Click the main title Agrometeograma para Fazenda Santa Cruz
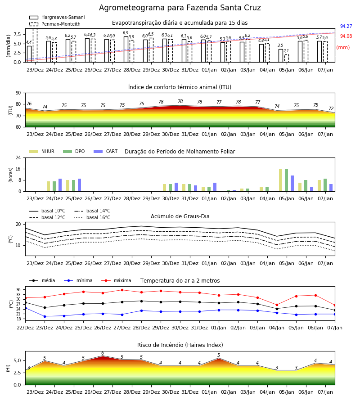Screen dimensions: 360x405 (x=180, y=8)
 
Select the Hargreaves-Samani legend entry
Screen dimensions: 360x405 (x=57, y=17)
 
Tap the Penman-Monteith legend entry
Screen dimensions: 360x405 (x=55, y=24)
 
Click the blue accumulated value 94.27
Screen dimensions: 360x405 (x=346, y=27)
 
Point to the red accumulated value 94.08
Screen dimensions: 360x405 (x=346, y=36)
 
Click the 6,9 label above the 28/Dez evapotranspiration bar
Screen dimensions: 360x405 (x=126, y=33)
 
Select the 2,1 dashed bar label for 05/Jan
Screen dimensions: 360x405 (x=286, y=51)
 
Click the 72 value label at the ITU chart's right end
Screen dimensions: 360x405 (x=331, y=109)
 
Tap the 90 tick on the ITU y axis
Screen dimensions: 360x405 (x=18, y=93)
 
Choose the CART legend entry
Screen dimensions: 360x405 (x=106, y=151)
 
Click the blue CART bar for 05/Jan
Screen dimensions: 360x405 (x=292, y=184)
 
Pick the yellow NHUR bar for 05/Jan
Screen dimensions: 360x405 (x=280, y=180)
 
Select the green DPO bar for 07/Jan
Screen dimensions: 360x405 (x=325, y=185)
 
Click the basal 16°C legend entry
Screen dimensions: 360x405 (x=92, y=217)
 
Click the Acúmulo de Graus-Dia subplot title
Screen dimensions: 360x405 (x=180, y=216)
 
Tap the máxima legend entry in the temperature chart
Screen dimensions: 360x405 (x=116, y=280)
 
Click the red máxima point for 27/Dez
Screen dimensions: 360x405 (x=122, y=290)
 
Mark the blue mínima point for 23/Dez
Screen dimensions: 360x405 (x=45, y=316)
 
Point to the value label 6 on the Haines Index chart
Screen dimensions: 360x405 (x=103, y=353)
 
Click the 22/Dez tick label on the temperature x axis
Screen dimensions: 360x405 (x=25, y=328)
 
